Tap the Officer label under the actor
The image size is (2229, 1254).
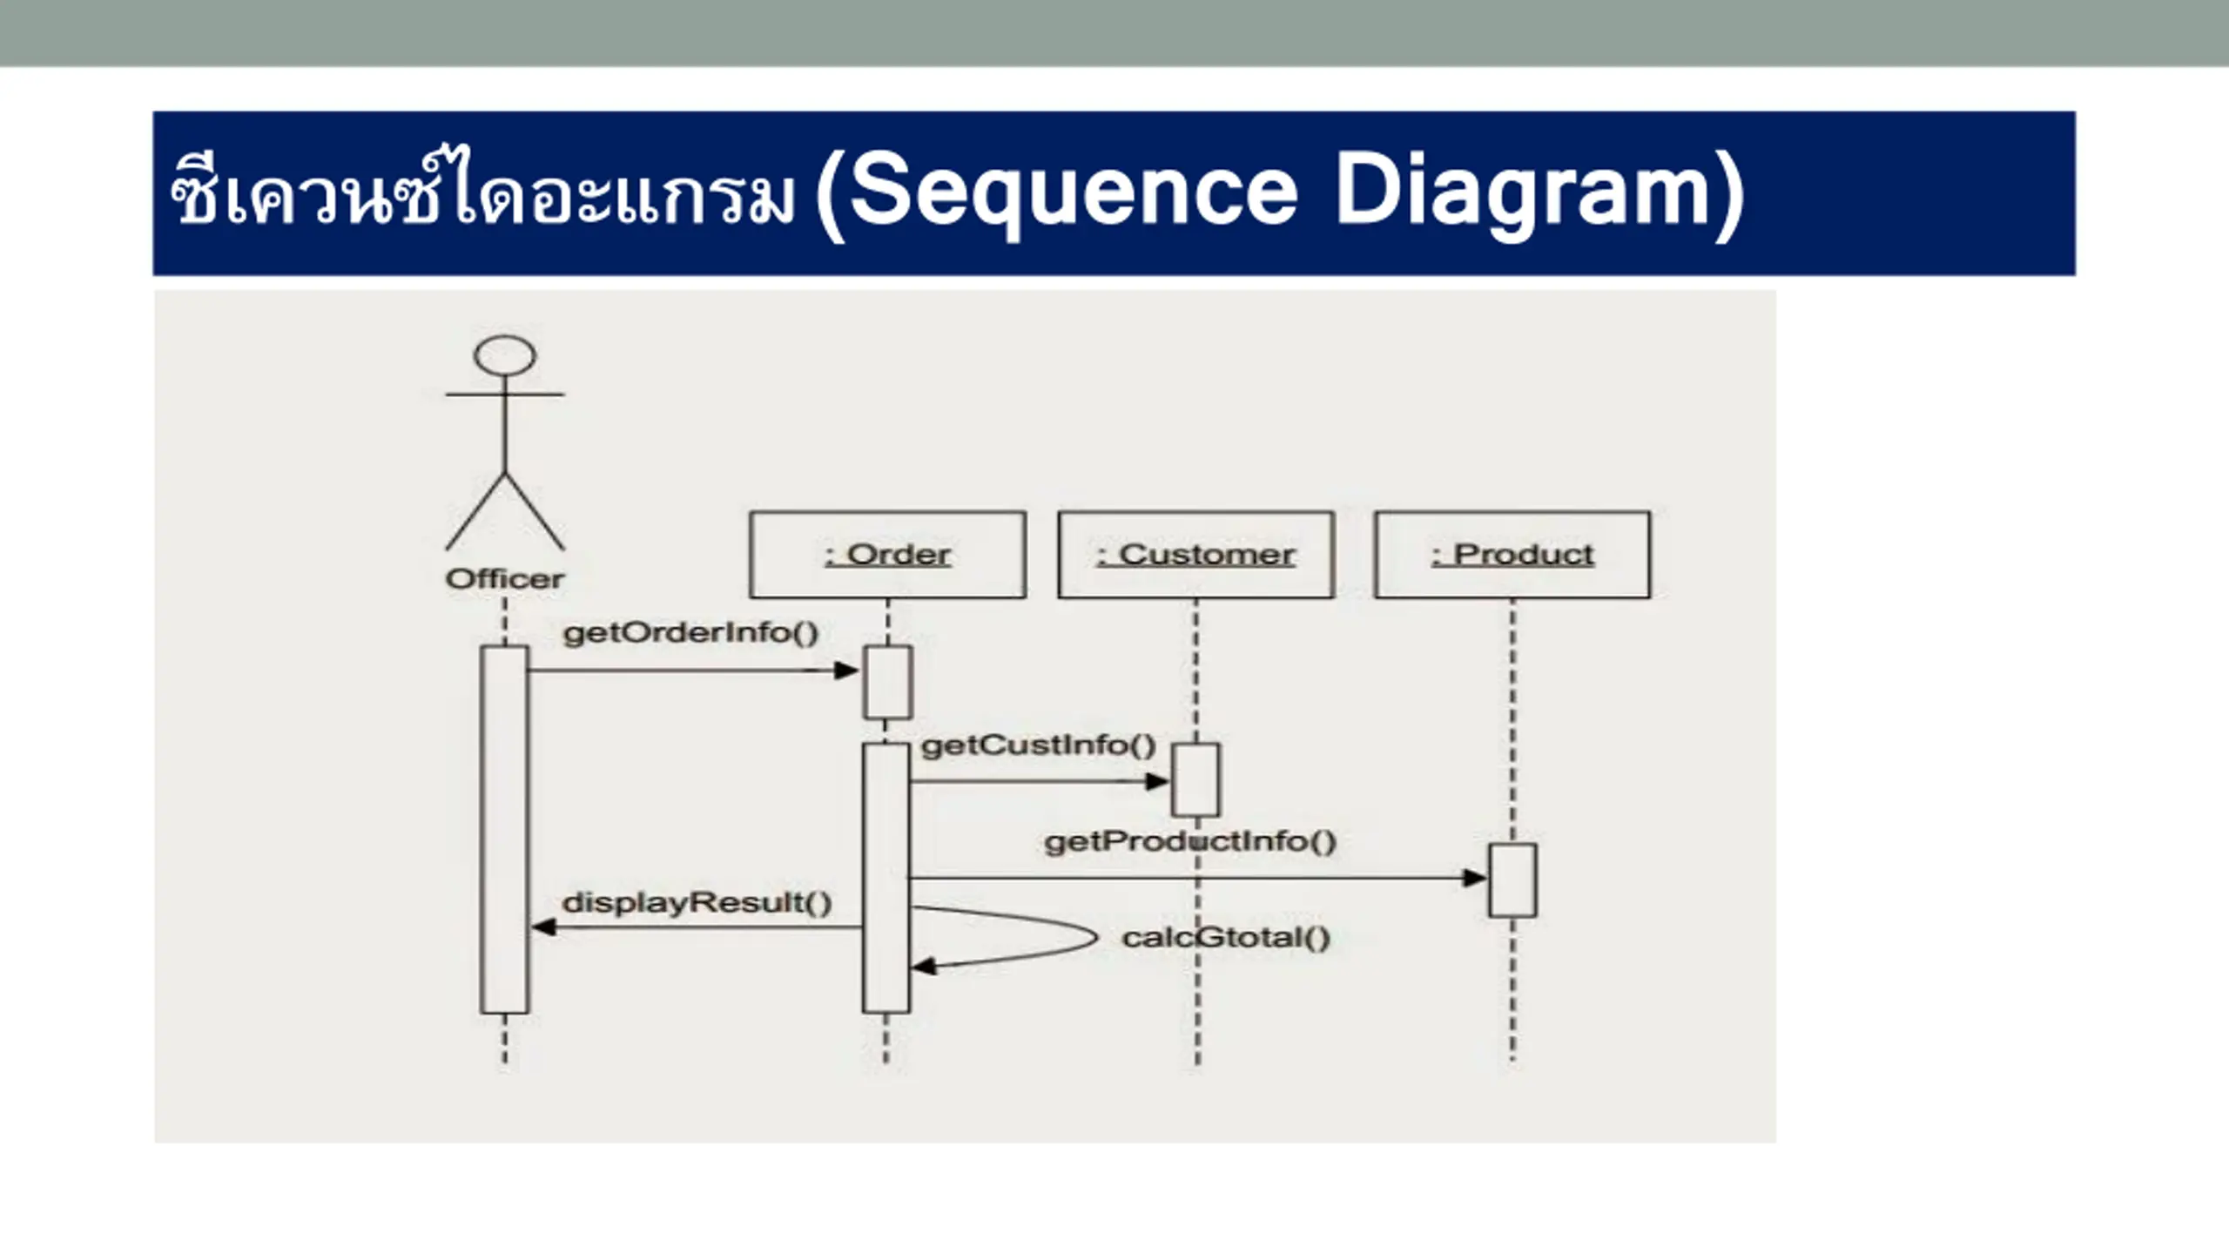tap(505, 579)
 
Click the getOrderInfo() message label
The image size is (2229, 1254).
tap(691, 633)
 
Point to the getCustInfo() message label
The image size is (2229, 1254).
tap(1039, 745)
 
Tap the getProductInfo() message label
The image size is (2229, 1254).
tap(1190, 842)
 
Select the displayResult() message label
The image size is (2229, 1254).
tap(697, 903)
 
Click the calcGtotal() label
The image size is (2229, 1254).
tap(1227, 938)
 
